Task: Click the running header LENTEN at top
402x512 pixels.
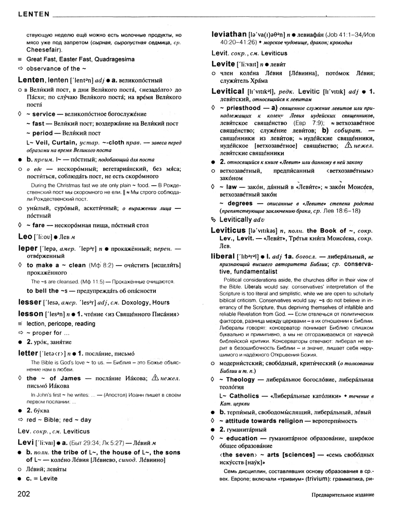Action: [x=33, y=14]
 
